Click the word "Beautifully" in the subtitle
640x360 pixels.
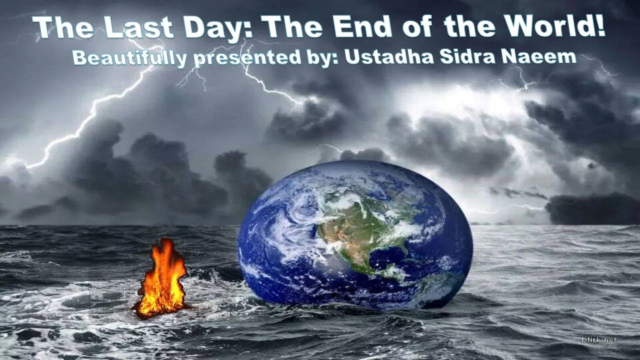coord(129,57)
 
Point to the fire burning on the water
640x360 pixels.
coord(161,280)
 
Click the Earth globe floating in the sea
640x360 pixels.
coord(355,235)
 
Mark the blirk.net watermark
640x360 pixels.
coord(599,339)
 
